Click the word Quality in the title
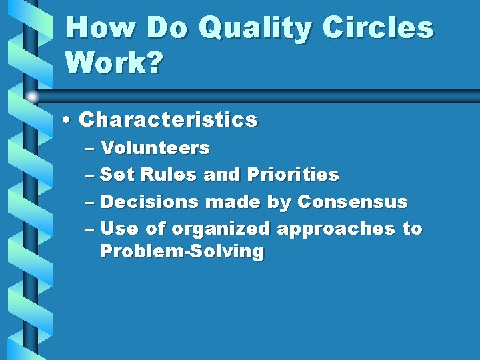click(x=255, y=29)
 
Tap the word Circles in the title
click(x=378, y=28)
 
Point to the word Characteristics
click(x=168, y=120)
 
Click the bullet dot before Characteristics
click(x=68, y=121)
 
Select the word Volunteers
click(x=155, y=147)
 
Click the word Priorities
click(x=293, y=175)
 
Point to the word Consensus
click(x=352, y=201)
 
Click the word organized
click(x=221, y=229)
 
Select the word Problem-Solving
click(x=182, y=251)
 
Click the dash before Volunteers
click(x=90, y=148)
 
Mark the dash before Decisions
click(x=90, y=202)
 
